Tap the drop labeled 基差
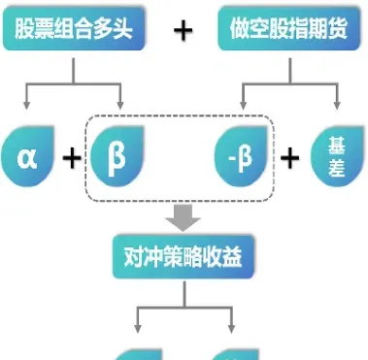(x=336, y=155)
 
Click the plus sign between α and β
(x=72, y=155)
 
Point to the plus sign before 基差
(x=290, y=155)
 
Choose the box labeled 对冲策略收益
(x=184, y=257)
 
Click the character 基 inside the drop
(x=336, y=146)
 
